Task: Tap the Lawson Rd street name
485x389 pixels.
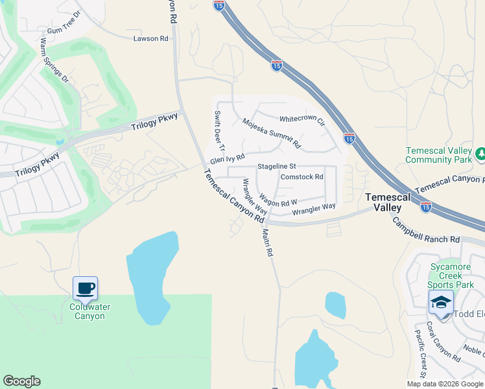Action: [150, 39]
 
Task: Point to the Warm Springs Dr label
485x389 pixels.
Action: [54, 60]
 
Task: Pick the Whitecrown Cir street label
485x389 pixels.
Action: [302, 119]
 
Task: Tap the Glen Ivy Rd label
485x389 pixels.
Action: [227, 158]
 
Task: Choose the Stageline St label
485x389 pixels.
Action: [276, 167]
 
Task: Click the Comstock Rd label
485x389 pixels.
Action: [302, 177]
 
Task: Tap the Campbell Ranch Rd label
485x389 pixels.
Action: [424, 231]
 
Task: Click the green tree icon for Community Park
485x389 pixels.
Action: [480, 154]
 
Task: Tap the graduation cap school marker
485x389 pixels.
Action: [441, 303]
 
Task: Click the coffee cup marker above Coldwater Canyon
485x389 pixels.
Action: [85, 287]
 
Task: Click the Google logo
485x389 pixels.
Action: [21, 381]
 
